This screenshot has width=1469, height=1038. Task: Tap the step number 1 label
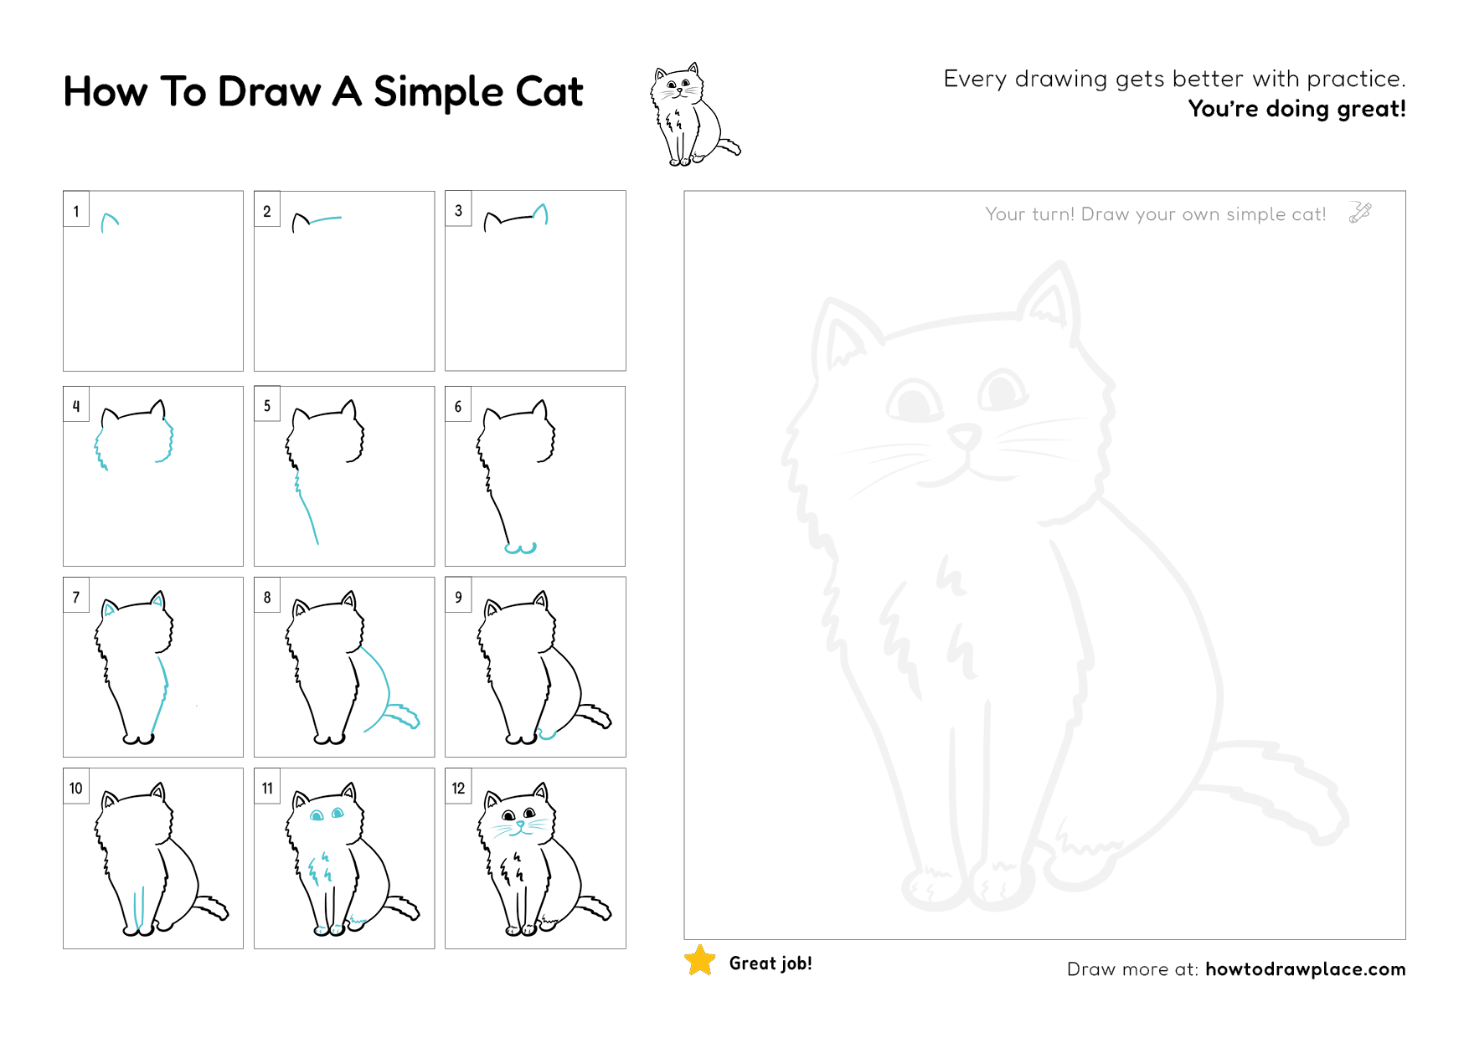[76, 211]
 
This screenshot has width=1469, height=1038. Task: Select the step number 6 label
[458, 407]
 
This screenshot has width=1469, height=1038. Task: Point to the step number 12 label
[458, 789]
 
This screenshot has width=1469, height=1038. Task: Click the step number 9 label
[458, 598]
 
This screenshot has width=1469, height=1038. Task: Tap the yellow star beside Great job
[700, 961]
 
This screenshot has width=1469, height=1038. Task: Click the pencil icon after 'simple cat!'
[1359, 213]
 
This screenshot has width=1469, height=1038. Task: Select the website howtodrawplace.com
[1305, 969]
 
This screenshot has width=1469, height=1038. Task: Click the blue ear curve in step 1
[109, 220]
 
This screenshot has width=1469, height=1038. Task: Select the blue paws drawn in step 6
[520, 549]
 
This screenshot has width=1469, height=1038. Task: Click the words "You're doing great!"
[1296, 109]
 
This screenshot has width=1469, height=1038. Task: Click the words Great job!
[771, 963]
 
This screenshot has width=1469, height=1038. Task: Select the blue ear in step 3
[541, 213]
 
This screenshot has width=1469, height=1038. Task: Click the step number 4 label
[76, 407]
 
